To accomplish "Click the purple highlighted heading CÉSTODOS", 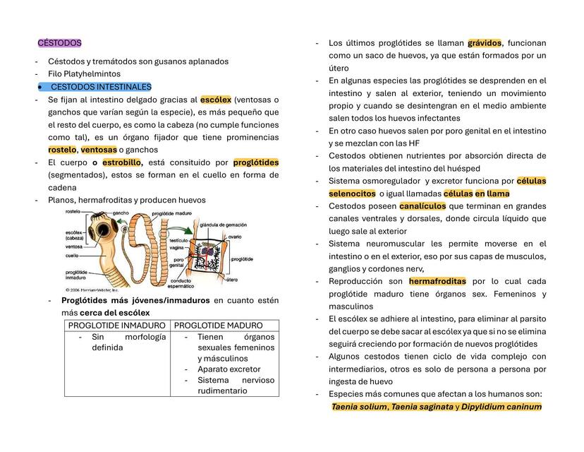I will point(59,43).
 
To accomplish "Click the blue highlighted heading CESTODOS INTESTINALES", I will point(100,87).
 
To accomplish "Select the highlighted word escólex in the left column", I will point(216,100).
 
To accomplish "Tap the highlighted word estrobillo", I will point(122,162).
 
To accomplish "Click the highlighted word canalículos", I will point(422,206).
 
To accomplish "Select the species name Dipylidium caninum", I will point(501,407).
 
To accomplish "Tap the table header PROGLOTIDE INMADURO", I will point(116,326).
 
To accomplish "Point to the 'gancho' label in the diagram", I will point(121,212).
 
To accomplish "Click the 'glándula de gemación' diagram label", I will point(223,224).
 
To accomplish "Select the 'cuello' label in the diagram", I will point(72,256).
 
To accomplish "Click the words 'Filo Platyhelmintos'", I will point(84,73).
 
